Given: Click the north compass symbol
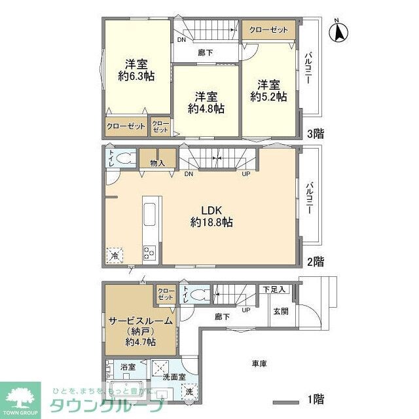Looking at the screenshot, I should click(x=340, y=31).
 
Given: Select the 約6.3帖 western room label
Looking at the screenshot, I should click(x=136, y=70).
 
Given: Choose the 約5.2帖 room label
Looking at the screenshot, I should click(x=268, y=90).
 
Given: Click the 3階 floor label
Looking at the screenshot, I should click(x=316, y=134).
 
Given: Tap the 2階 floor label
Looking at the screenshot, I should click(x=316, y=261).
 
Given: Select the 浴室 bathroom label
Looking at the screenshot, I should click(x=127, y=369).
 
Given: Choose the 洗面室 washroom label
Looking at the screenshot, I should click(x=173, y=377).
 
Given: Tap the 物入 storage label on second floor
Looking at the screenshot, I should click(x=157, y=162).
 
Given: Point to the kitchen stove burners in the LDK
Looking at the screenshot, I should click(x=149, y=251).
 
